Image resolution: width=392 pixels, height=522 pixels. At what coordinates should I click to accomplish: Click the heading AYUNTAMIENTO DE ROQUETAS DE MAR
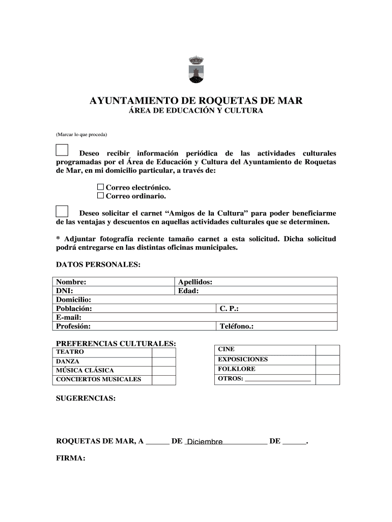(196, 100)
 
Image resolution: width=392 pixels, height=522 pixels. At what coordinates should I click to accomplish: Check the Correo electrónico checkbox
(100, 187)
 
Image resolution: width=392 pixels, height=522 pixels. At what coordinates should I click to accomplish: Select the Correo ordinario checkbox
(100, 196)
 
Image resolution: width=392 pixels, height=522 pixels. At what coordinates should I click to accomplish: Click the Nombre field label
(71, 282)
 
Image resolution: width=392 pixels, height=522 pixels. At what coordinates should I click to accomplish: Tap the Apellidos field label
(195, 282)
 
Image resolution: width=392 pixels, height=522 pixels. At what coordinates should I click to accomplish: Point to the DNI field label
(65, 291)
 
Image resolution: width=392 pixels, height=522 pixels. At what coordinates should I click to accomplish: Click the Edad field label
(188, 291)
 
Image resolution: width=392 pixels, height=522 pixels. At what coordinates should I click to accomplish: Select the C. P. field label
(229, 308)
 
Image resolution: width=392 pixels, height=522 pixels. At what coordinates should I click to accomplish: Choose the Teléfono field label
(236, 326)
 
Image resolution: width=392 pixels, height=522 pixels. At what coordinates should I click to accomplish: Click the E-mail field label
(69, 317)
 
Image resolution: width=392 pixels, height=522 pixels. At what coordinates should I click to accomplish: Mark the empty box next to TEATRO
(163, 352)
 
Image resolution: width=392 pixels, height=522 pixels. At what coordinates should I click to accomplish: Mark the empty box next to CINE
(327, 350)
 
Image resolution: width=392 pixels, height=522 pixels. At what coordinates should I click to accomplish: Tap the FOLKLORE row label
(237, 369)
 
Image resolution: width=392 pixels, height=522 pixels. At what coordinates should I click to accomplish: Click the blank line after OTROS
(278, 379)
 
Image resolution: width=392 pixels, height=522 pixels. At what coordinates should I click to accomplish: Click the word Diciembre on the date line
(205, 442)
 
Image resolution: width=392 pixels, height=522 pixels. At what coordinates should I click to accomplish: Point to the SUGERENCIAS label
(86, 399)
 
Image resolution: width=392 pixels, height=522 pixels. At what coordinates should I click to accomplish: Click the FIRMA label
(70, 458)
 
